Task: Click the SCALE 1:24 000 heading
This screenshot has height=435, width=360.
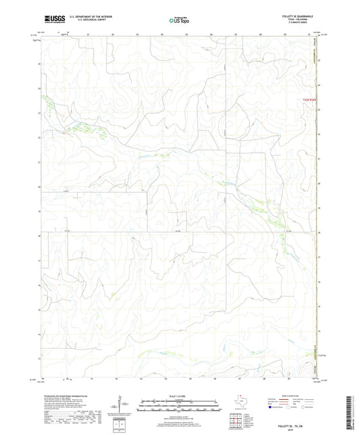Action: (x=180, y=396)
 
